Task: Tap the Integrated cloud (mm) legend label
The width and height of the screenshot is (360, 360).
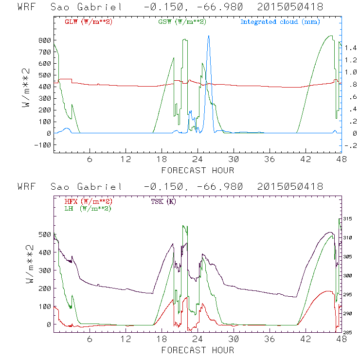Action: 280,22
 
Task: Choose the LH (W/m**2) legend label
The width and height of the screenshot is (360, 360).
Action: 88,208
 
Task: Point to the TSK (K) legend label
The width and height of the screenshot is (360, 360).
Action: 164,201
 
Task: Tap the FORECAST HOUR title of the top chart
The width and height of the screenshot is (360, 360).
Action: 198,170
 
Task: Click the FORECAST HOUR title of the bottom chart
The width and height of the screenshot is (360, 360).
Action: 198,350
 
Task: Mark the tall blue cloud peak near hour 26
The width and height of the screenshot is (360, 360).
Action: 209,36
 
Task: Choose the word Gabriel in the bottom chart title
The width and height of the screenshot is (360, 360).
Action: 103,187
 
